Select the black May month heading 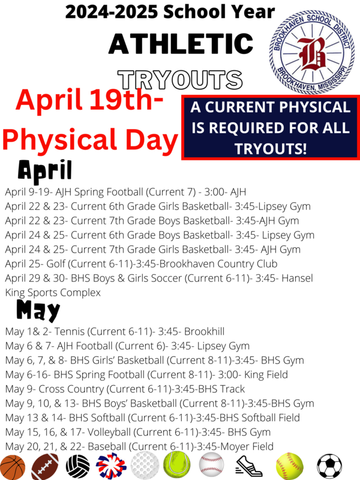(x=38, y=310)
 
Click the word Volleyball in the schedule (x=84, y=432)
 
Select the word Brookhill (x=208, y=331)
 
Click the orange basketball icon (x=13, y=466)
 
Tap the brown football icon (x=45, y=466)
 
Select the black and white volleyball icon (x=77, y=466)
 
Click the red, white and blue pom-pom (x=111, y=466)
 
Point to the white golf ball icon (x=145, y=466)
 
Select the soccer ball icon (x=329, y=466)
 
